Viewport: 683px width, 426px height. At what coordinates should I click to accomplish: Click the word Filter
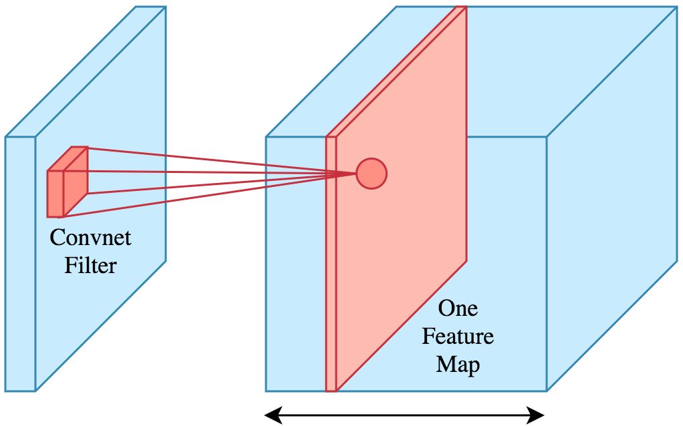[x=90, y=265]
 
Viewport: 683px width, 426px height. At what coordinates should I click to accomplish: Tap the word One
[x=457, y=308]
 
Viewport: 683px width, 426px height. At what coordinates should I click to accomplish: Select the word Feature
[x=458, y=336]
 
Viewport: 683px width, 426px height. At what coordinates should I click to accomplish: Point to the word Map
[x=458, y=365]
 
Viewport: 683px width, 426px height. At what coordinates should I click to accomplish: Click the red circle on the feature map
[x=372, y=174]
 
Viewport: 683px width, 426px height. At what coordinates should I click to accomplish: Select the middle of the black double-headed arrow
[x=406, y=417]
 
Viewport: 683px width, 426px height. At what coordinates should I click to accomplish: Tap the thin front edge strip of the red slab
[x=330, y=267]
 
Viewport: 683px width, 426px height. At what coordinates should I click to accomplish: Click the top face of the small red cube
[x=67, y=158]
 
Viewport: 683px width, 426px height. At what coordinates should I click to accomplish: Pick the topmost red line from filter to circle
[x=214, y=160]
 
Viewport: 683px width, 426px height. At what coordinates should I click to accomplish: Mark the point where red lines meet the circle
[x=356, y=174]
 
